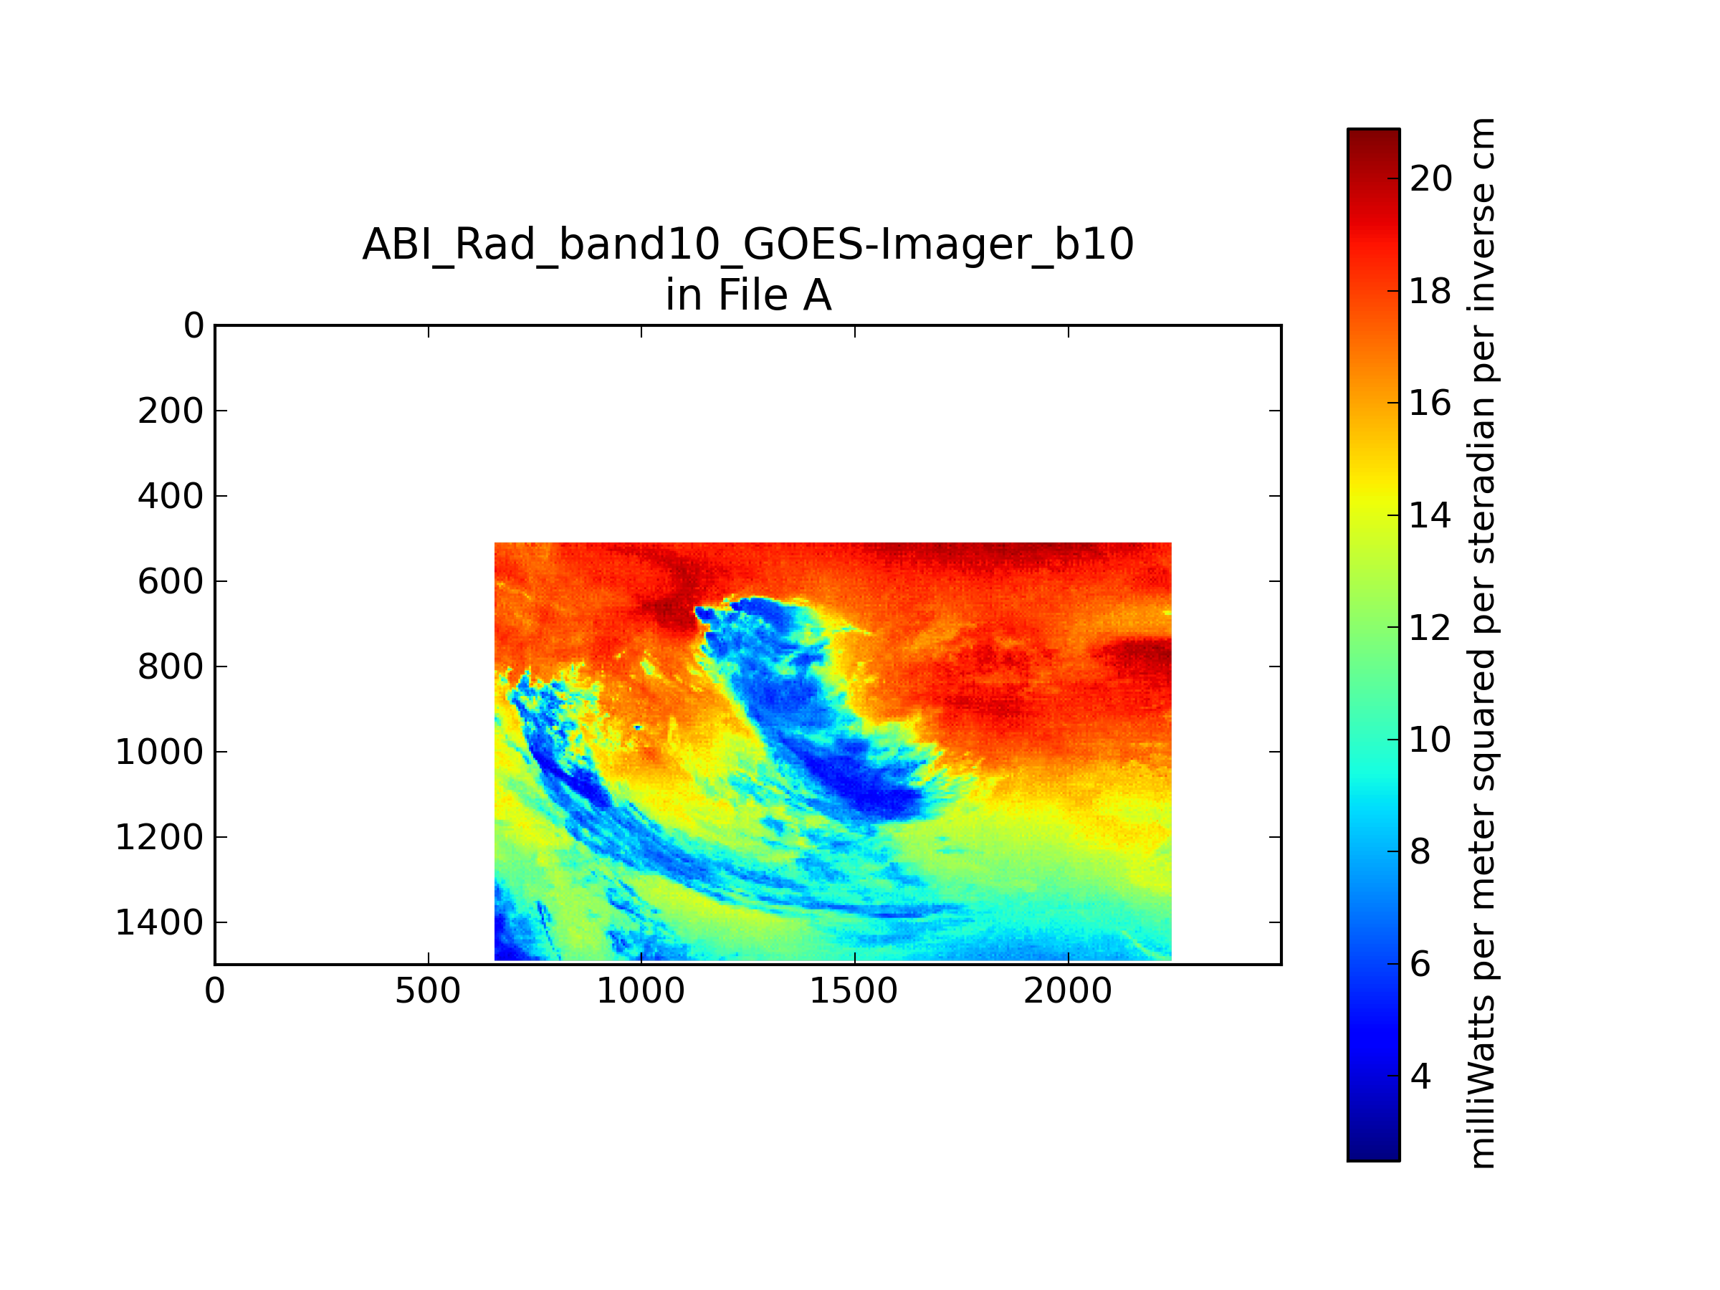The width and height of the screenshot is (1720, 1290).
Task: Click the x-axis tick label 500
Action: [428, 991]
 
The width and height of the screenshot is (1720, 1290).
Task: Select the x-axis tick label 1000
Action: [641, 991]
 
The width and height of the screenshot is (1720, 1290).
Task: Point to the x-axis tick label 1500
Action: [854, 991]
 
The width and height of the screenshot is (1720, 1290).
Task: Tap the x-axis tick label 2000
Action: [1068, 991]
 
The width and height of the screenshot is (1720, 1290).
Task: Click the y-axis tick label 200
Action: [171, 411]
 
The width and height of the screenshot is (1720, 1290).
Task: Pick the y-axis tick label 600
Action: [171, 580]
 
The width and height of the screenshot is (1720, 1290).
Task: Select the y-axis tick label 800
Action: [171, 666]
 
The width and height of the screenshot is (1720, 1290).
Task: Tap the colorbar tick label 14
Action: [1430, 515]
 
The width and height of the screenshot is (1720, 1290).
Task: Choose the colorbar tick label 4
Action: [1420, 1076]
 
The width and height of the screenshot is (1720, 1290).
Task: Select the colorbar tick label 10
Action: [1430, 739]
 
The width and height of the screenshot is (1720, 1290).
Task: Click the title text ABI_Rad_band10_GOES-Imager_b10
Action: [748, 244]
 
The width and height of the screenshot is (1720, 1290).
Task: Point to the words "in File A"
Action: [748, 295]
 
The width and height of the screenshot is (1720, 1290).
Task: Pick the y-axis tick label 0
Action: [193, 325]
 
